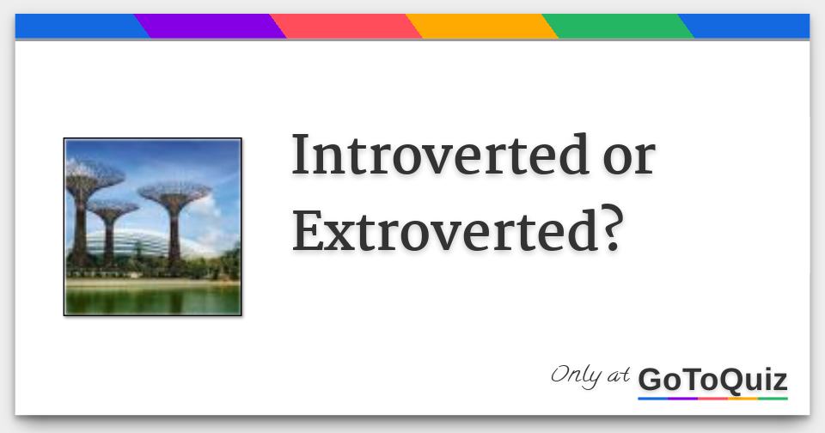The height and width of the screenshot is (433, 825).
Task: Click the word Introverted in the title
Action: tap(433, 156)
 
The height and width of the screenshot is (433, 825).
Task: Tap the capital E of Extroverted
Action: tap(307, 229)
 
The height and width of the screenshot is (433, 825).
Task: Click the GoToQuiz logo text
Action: tap(712, 379)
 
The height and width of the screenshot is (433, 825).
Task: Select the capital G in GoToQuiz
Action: tap(651, 379)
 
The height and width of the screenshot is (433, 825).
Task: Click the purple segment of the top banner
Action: tap(211, 27)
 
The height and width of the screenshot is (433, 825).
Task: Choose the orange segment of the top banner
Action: tap(481, 27)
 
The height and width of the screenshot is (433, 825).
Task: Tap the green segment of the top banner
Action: tap(617, 27)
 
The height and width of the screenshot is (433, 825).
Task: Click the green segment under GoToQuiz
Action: tap(773, 399)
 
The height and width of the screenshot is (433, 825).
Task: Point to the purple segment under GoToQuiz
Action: tap(683, 399)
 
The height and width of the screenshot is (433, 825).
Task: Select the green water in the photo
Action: tap(152, 298)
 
